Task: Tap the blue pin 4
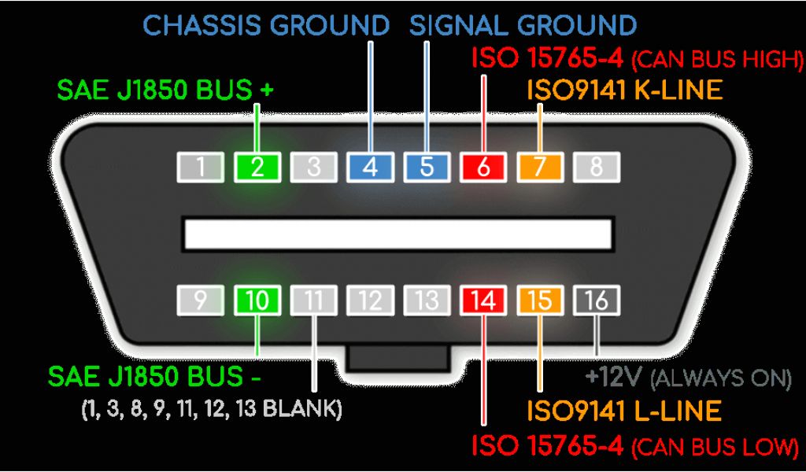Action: (x=370, y=167)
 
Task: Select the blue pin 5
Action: (x=427, y=167)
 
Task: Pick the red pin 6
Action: (x=483, y=167)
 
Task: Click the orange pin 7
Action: (x=540, y=167)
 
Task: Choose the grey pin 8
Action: (x=597, y=167)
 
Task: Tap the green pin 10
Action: (x=257, y=301)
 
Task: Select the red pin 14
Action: (x=483, y=301)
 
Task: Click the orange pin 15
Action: (x=540, y=301)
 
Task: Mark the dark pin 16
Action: (x=597, y=301)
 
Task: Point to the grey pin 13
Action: (x=427, y=301)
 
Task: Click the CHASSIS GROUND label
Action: (x=266, y=25)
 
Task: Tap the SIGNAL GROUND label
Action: (x=523, y=25)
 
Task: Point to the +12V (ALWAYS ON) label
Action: (x=687, y=378)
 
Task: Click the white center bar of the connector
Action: (x=398, y=233)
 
